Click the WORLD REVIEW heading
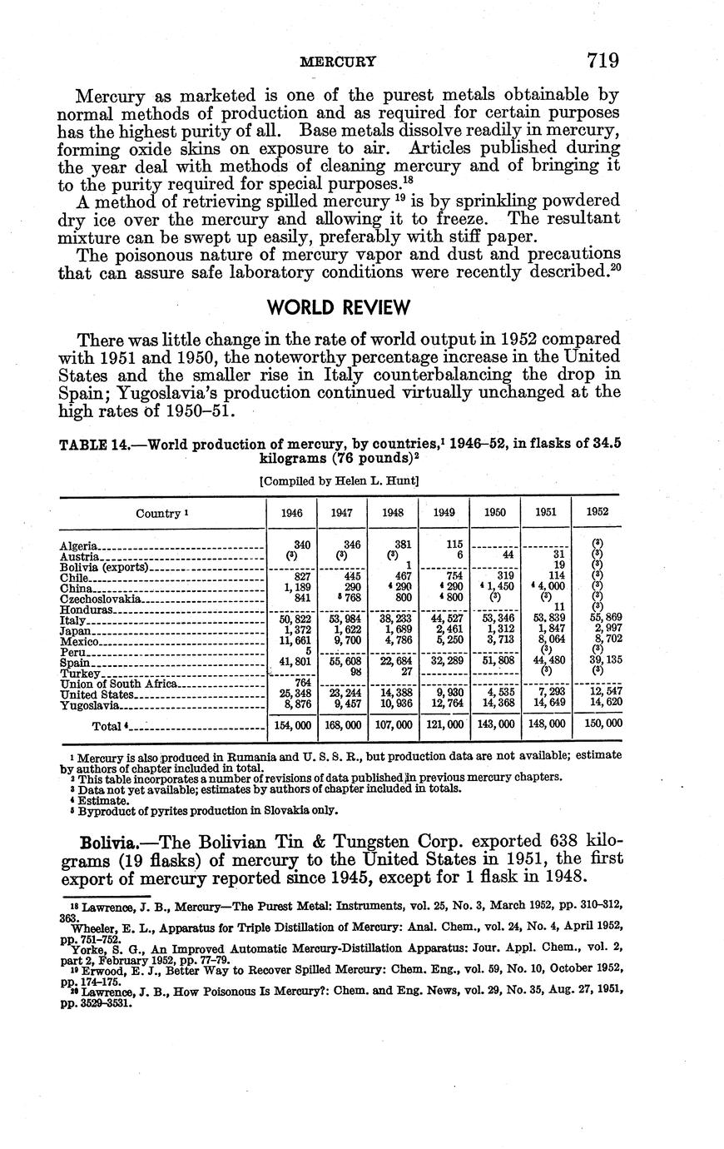[339, 308]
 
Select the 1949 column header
[444, 513]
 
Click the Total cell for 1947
[342, 725]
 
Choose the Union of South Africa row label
[118, 684]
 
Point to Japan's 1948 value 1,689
[394, 629]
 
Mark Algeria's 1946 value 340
[300, 544]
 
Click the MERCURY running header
[338, 61]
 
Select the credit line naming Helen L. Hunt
[338, 480]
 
